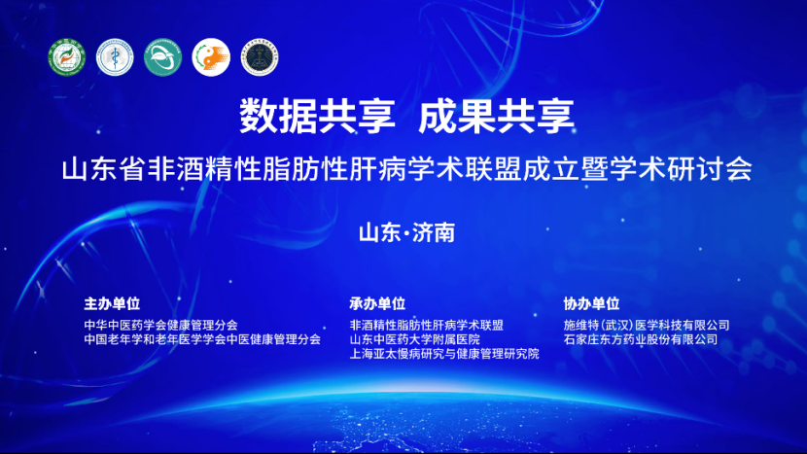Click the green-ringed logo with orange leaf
(68, 58)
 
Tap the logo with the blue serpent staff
(115, 58)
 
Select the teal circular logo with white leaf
(162, 58)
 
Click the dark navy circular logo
(259, 58)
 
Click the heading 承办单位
(377, 303)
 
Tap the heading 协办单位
(591, 303)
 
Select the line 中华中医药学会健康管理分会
(160, 325)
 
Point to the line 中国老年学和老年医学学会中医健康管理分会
(202, 339)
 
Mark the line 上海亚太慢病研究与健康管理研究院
(443, 354)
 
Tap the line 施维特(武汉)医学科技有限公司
(647, 325)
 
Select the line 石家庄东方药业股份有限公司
(640, 339)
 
